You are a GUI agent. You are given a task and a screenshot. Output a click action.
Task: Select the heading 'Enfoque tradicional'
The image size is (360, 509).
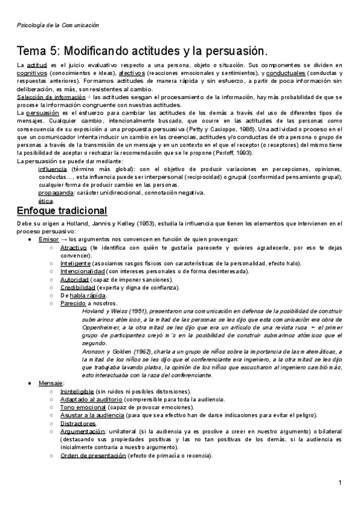pyautogui.click(x=62, y=211)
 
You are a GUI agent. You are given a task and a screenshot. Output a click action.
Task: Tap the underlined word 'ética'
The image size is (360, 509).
pyautogui.click(x=45, y=201)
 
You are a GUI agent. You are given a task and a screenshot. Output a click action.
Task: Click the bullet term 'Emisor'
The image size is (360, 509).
pyautogui.click(x=49, y=239)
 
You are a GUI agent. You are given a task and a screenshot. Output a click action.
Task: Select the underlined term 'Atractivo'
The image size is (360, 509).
pyautogui.click(x=74, y=247)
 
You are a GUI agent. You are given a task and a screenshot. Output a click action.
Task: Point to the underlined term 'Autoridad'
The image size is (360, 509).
pyautogui.click(x=76, y=279)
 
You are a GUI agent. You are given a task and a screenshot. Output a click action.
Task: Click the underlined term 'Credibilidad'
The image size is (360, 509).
pyautogui.click(x=78, y=287)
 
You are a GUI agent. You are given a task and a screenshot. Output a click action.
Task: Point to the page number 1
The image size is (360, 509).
pyautogui.click(x=340, y=482)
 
